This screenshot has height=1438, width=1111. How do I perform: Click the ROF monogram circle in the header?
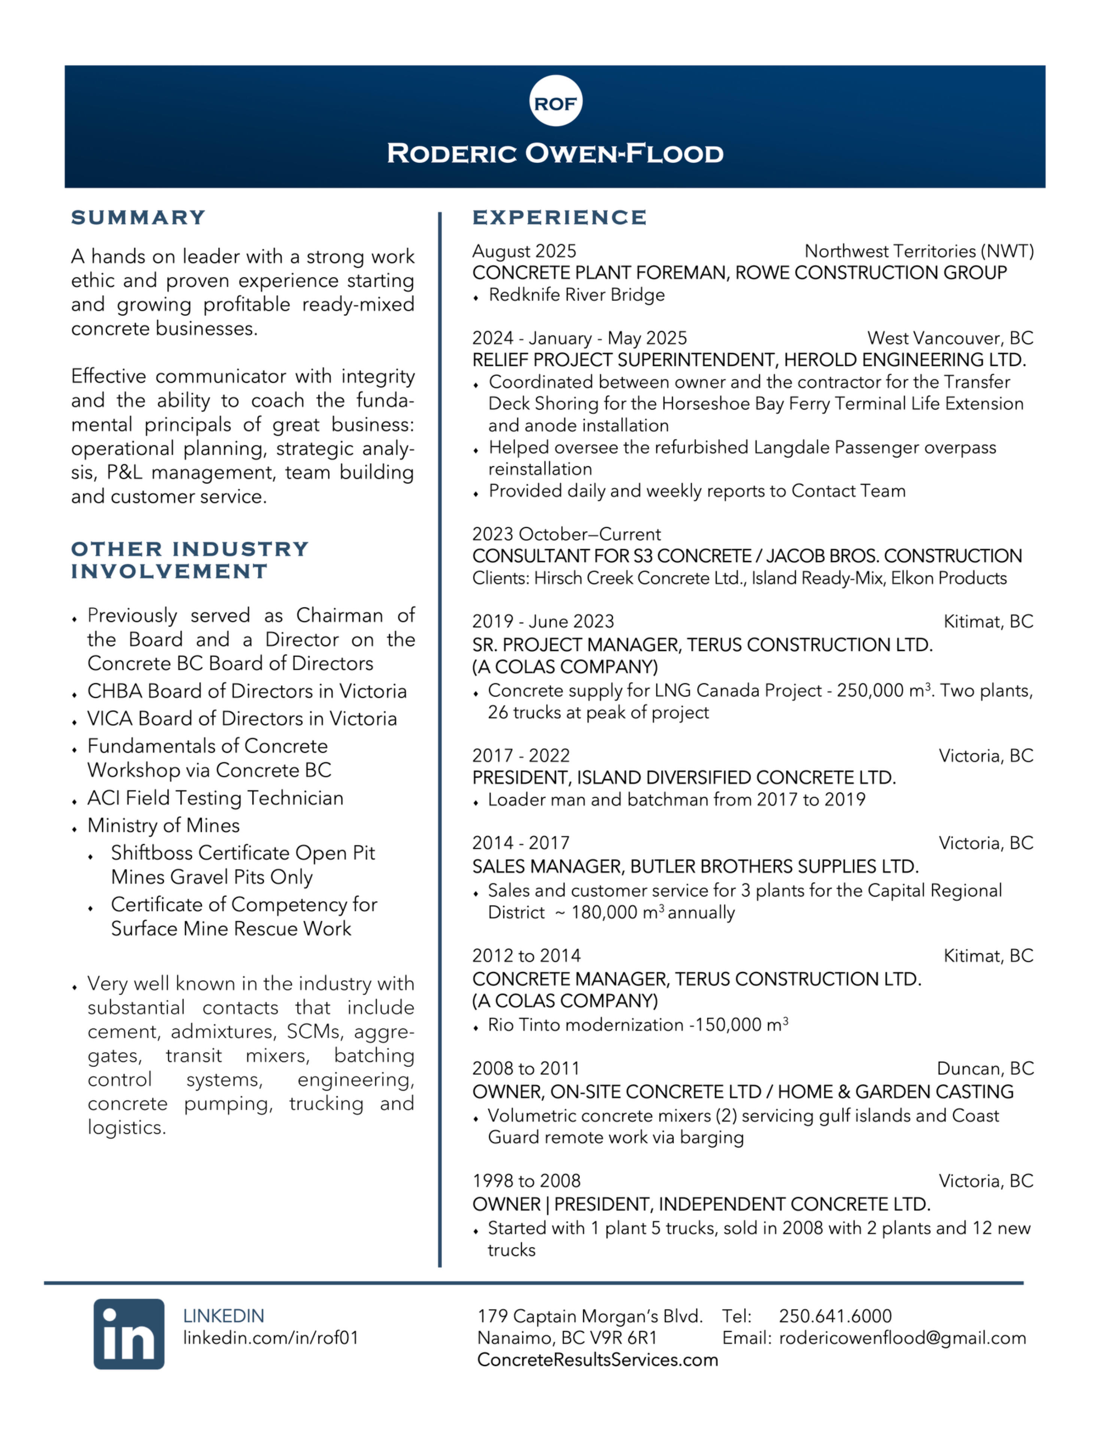[555, 101]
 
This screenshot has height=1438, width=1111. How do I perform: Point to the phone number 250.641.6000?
[835, 1316]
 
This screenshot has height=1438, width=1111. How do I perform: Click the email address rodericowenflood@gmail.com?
[902, 1338]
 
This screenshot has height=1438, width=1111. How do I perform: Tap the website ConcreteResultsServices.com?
[597, 1360]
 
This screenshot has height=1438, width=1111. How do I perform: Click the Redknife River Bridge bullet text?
[576, 295]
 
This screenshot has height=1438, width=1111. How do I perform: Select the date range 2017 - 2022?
[521, 755]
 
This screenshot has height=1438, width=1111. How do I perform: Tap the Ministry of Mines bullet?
[163, 826]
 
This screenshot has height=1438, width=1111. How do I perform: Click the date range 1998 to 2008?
[526, 1181]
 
